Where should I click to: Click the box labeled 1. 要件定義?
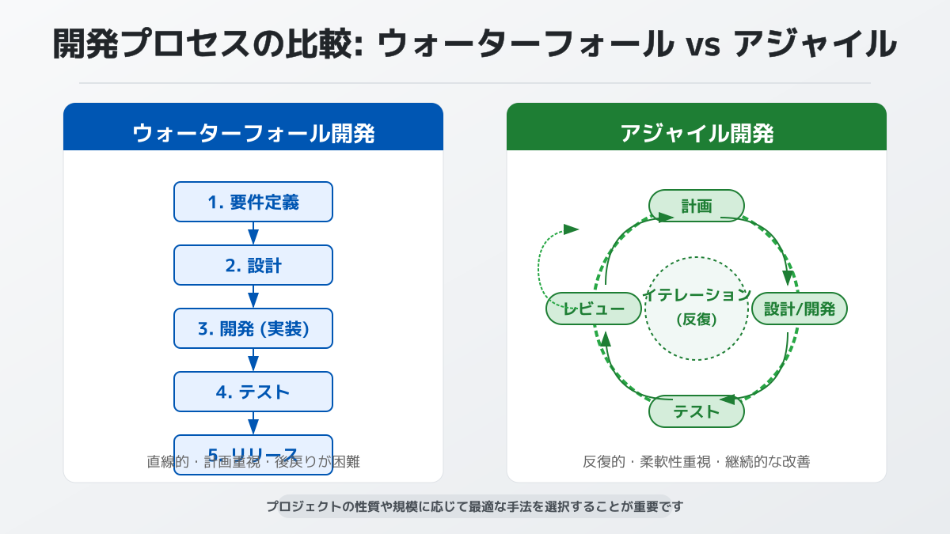click(x=253, y=202)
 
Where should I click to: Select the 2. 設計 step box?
click(x=253, y=265)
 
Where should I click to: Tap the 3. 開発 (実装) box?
click(x=253, y=328)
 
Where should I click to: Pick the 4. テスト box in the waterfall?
click(x=253, y=392)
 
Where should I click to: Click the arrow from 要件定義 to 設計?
click(x=253, y=234)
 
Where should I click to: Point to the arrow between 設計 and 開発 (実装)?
click(x=253, y=297)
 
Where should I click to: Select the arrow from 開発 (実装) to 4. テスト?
click(x=253, y=361)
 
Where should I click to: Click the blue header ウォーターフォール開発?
click(x=253, y=133)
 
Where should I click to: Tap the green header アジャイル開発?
click(x=697, y=133)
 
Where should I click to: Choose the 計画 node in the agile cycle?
click(x=697, y=206)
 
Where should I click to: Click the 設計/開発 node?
click(x=800, y=309)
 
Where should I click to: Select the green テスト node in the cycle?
click(x=697, y=411)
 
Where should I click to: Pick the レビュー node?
click(x=594, y=309)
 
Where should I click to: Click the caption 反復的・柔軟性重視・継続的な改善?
click(x=697, y=461)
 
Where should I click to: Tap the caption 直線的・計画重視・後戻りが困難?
click(x=253, y=461)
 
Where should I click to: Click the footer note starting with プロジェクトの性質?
click(x=475, y=506)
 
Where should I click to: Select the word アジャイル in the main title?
click(x=815, y=44)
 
